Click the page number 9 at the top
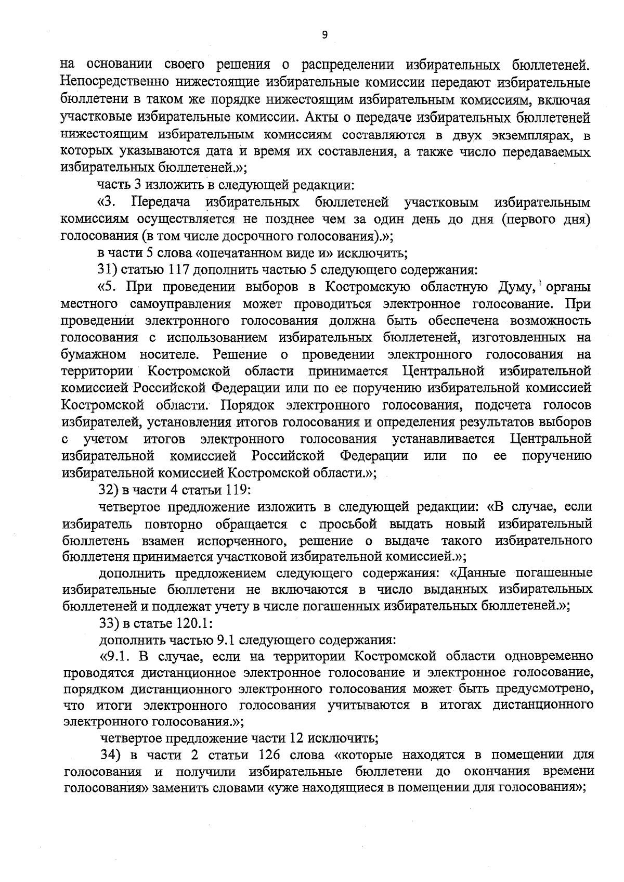click(x=325, y=35)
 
